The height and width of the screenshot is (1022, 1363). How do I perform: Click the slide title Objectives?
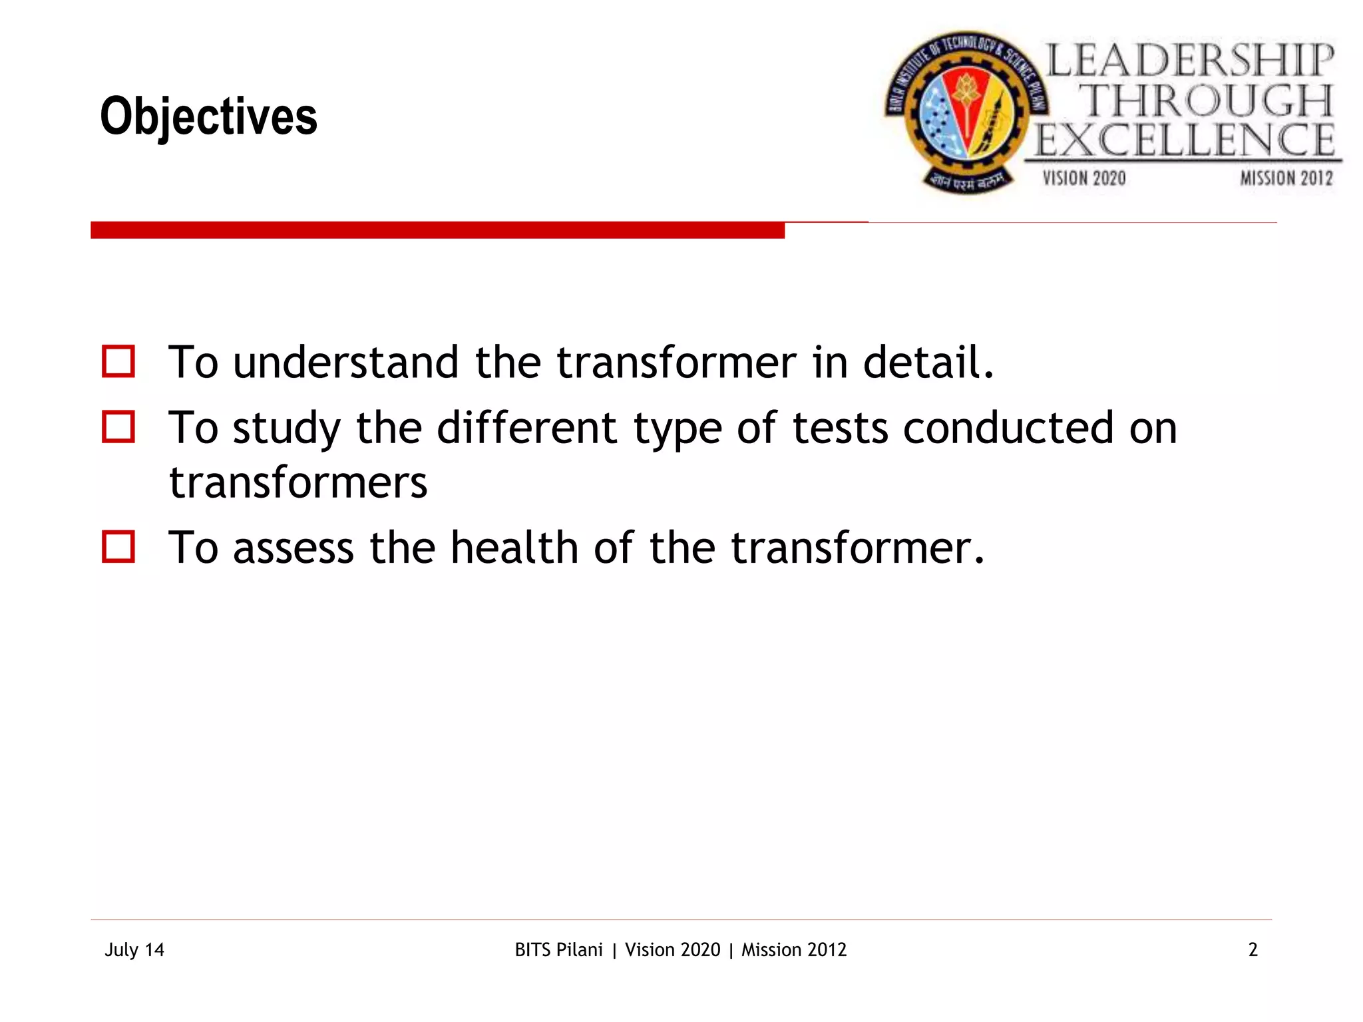coord(208,117)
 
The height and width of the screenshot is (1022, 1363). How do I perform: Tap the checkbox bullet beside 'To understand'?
coord(118,361)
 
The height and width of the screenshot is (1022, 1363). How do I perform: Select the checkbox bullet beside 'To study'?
coord(118,426)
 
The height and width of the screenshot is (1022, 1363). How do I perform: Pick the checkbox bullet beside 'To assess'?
coord(118,546)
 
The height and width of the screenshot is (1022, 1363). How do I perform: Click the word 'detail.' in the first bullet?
coord(928,363)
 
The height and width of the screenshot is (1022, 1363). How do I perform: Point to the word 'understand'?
coord(345,363)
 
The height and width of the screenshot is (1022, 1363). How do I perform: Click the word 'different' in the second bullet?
coord(526,428)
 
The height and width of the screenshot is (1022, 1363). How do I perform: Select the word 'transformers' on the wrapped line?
coord(298,482)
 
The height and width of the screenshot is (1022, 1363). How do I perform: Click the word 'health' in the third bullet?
coord(514,548)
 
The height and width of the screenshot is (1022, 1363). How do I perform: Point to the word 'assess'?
coord(293,549)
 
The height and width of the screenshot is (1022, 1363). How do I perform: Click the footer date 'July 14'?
coord(134,949)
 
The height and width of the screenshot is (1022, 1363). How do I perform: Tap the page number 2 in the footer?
coord(1253,949)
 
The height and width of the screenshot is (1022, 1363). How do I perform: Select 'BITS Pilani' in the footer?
coord(559,949)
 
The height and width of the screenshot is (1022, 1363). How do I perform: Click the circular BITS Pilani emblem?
coord(966,112)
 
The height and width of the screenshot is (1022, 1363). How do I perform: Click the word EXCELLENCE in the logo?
coord(1185,140)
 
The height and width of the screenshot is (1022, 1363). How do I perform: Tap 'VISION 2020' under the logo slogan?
coord(1084,178)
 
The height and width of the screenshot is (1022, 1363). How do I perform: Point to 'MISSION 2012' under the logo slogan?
coord(1286,178)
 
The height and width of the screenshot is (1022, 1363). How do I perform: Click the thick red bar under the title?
coord(437,230)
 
